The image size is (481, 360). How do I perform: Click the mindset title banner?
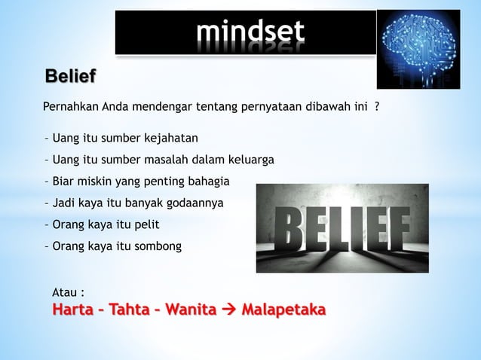tap(246, 32)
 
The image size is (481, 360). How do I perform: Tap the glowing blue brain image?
tap(418, 48)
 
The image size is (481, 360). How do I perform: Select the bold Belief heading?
tap(71, 77)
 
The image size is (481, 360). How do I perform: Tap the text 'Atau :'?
tap(67, 291)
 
